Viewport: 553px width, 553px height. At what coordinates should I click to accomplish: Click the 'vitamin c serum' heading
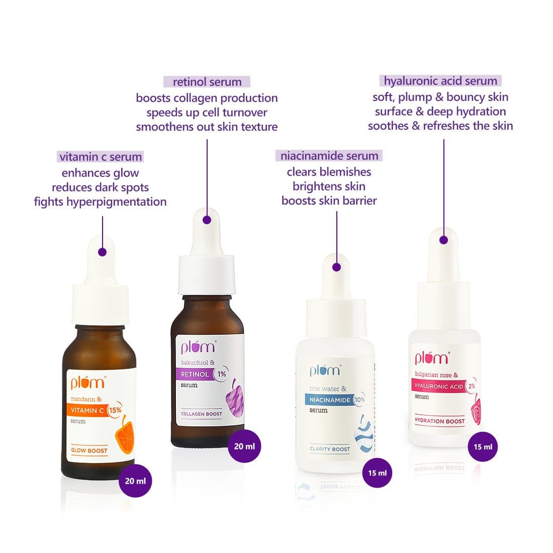(101, 156)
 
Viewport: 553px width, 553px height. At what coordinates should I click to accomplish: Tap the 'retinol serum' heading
(207, 82)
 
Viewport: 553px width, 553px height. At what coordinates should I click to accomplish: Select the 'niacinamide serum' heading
(329, 155)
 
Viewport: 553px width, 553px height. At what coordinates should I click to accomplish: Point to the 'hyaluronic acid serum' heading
(440, 81)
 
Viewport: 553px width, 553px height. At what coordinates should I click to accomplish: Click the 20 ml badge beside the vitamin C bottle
(135, 481)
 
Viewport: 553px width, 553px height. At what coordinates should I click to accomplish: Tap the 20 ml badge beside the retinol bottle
(244, 446)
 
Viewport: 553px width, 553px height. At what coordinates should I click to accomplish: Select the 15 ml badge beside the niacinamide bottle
(378, 473)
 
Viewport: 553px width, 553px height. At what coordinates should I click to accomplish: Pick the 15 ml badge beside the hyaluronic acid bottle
(483, 447)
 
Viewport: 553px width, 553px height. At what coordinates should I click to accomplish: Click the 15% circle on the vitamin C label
(115, 410)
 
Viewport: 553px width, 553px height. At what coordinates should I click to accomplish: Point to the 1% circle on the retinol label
(222, 374)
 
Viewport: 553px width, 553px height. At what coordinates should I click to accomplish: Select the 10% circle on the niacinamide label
(359, 400)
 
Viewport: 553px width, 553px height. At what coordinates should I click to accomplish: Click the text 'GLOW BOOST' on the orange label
(89, 450)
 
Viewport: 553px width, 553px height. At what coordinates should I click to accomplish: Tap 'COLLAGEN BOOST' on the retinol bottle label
(202, 414)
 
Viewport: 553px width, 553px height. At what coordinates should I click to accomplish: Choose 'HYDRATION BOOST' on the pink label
(440, 421)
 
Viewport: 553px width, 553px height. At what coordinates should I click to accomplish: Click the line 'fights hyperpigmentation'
(100, 202)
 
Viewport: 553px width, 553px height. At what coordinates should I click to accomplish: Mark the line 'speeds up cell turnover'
(207, 113)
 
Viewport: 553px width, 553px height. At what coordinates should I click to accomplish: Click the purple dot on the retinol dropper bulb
(207, 220)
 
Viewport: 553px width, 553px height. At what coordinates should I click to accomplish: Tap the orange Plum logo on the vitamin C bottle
(88, 382)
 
